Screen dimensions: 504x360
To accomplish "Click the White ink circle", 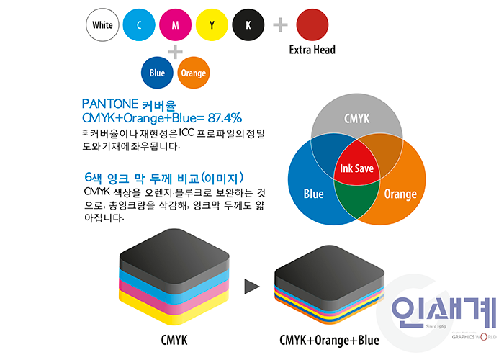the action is (x=103, y=25).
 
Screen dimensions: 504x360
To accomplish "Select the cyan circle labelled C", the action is (x=139, y=25).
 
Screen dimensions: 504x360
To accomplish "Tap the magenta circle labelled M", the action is (x=176, y=25).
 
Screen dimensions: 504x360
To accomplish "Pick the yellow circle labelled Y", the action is (x=212, y=25).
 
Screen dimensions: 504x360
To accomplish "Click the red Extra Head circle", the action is (x=312, y=24).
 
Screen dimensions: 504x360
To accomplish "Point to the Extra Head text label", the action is (x=312, y=50).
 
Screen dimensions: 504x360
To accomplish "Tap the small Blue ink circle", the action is (x=157, y=73).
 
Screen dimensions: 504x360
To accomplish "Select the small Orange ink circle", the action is (x=193, y=73).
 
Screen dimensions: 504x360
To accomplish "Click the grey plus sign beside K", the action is (x=280, y=25).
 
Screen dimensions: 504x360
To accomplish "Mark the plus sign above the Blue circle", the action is (x=175, y=51).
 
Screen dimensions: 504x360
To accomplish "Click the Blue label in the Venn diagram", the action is (x=314, y=194).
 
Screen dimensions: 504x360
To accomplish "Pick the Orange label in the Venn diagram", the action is (x=400, y=194).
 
